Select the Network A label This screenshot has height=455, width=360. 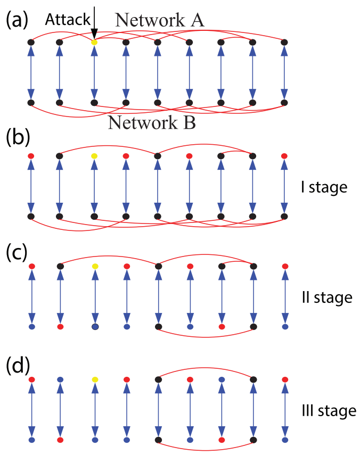160,20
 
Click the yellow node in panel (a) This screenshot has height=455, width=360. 94,42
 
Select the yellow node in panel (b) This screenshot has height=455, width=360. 94,156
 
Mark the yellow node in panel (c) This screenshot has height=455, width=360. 94,266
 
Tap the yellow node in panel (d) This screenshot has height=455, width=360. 94,379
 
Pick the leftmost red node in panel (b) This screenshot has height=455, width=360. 31,156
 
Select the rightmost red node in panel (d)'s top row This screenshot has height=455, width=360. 284,379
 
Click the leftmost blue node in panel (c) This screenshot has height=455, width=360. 31,327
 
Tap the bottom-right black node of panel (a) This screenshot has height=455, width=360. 284,102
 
